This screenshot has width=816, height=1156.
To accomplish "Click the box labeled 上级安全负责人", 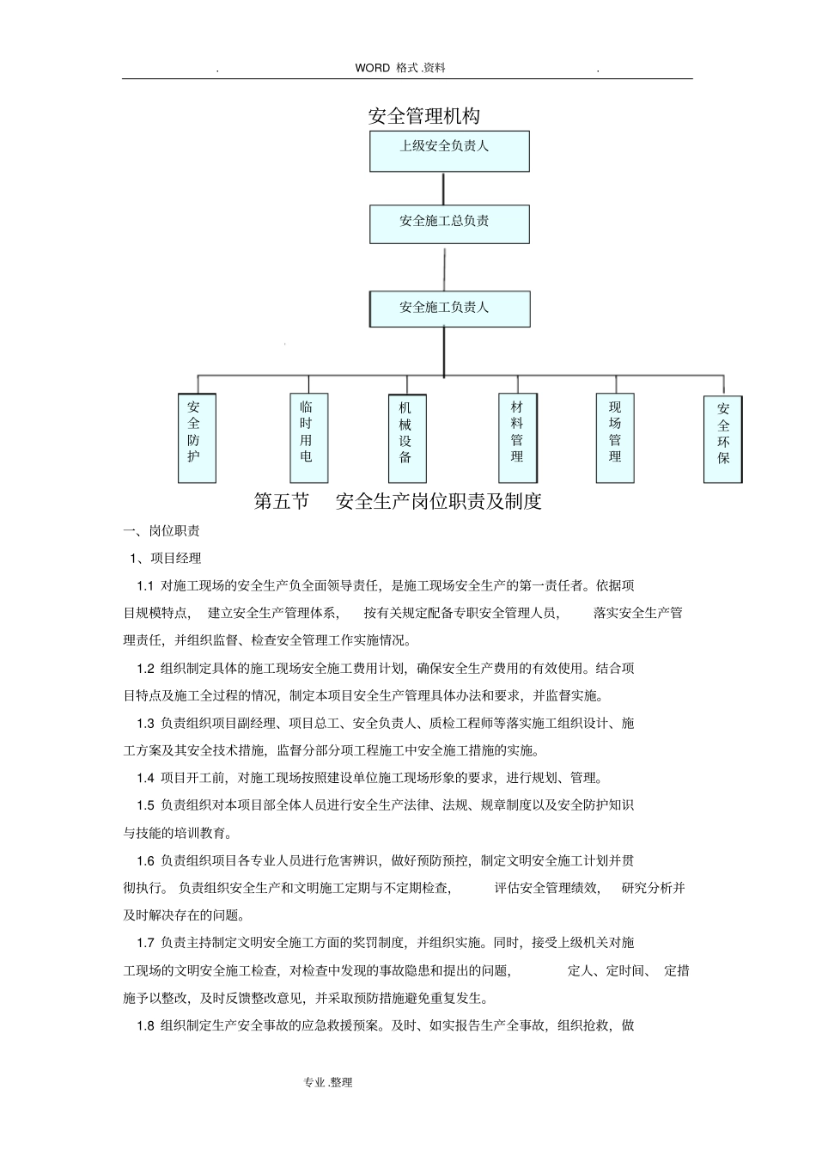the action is [x=449, y=151].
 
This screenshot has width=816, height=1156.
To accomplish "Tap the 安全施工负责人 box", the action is [x=449, y=309].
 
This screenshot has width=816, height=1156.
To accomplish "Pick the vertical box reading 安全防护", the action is [x=197, y=437].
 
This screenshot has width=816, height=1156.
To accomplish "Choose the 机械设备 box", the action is [x=406, y=437].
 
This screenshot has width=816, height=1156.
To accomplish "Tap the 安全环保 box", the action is [x=722, y=438].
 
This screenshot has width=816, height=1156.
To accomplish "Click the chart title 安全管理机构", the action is [x=423, y=116].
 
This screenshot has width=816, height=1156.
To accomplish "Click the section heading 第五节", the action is [x=281, y=502].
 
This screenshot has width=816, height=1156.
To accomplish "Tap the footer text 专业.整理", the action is [x=328, y=1083].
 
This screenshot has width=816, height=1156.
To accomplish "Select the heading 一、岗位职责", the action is [x=162, y=531].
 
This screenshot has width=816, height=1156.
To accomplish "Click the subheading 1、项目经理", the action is [x=166, y=559].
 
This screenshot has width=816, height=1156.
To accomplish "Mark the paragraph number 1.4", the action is [x=145, y=778].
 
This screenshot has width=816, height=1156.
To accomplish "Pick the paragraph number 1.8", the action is [x=145, y=1025].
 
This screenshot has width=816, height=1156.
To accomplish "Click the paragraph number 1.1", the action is [x=145, y=586].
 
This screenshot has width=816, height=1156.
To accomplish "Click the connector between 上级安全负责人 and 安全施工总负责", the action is [x=444, y=188].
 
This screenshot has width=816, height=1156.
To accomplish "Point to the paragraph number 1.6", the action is [x=145, y=860].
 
